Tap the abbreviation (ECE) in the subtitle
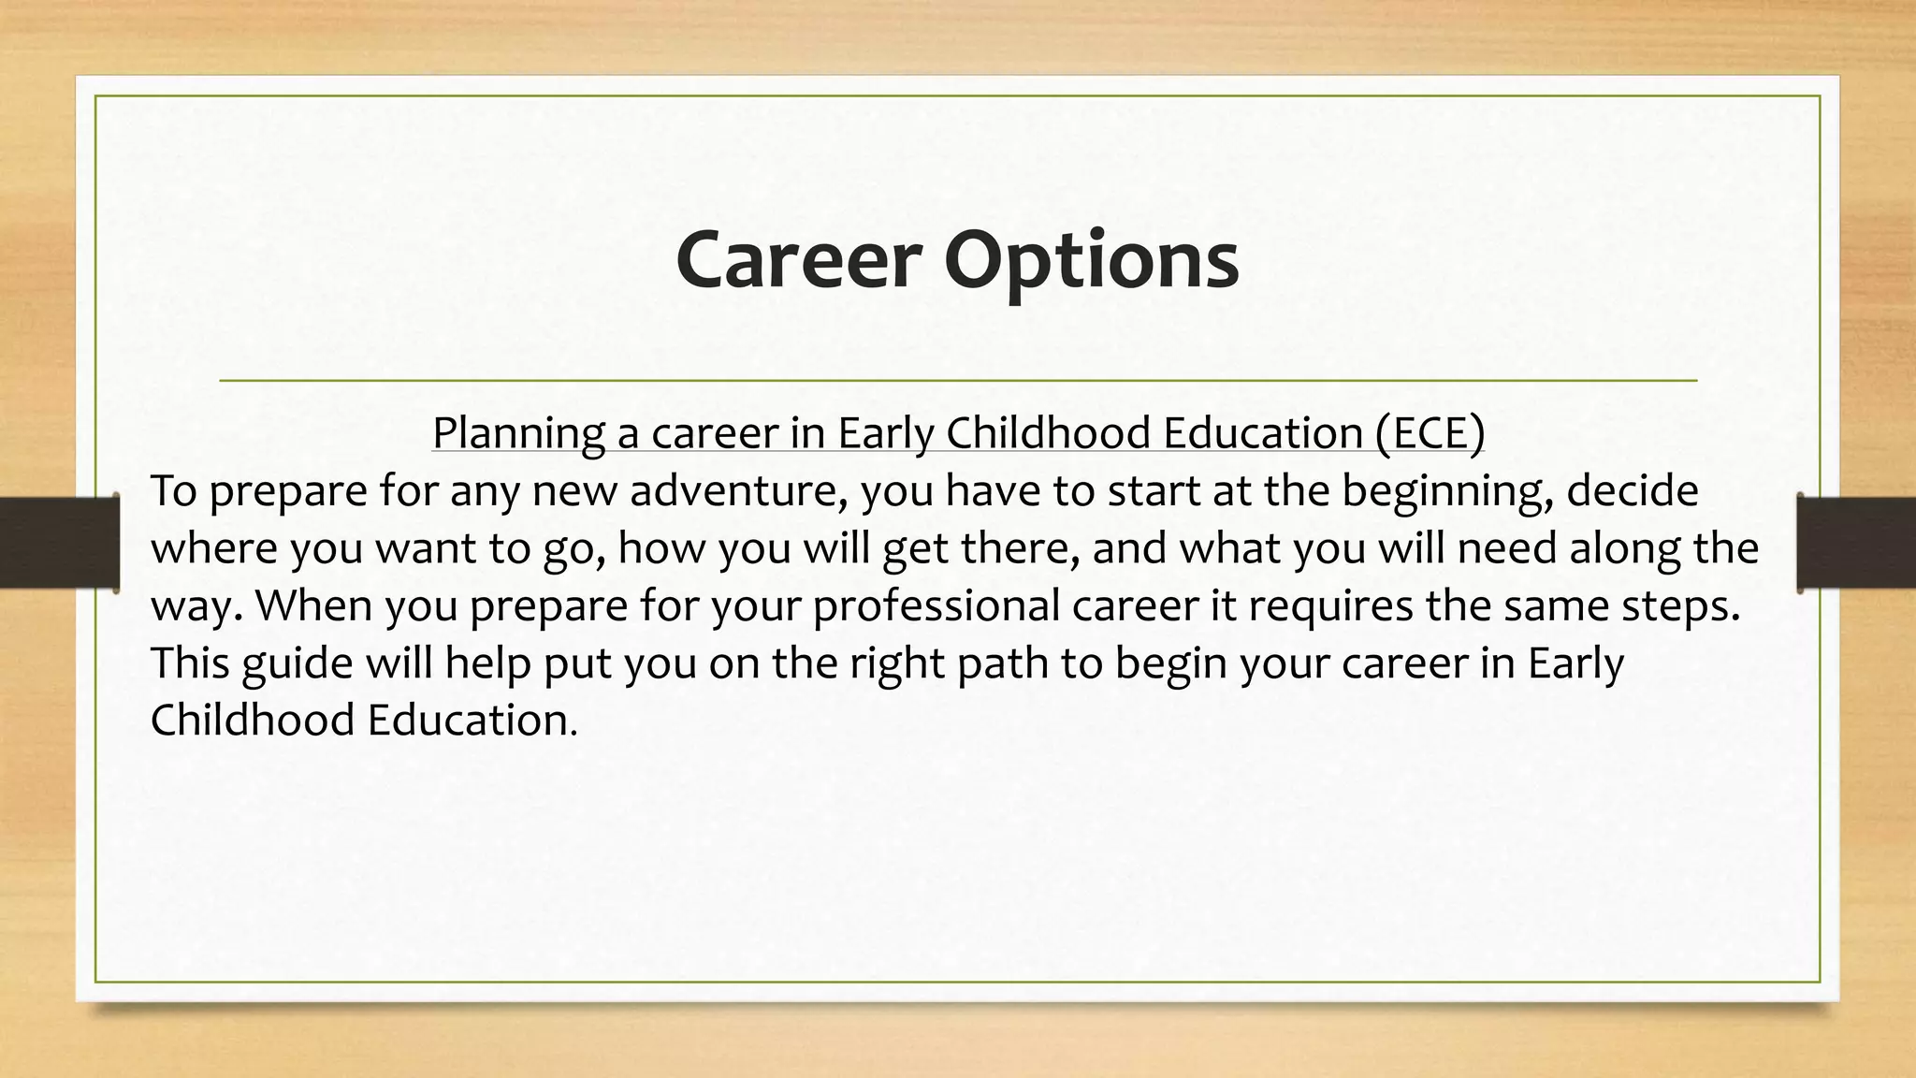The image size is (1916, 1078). click(1430, 432)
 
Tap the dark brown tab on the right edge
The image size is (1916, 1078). click(1856, 543)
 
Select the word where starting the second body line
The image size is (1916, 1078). click(213, 548)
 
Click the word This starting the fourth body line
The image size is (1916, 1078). click(188, 663)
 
